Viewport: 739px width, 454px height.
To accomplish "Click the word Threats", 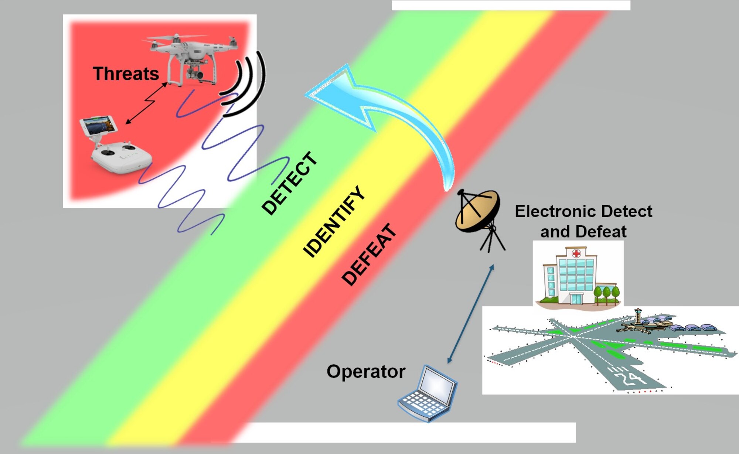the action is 126,74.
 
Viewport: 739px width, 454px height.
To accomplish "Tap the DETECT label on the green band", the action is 290,183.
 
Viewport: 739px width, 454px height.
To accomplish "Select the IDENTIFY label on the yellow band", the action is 334,221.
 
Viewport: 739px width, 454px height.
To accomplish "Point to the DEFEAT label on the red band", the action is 369,255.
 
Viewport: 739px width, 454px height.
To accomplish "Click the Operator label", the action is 366,371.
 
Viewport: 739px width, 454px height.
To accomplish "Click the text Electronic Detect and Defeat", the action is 583,221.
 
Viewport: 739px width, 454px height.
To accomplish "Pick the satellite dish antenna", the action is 479,218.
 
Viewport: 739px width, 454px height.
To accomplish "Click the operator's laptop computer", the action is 428,393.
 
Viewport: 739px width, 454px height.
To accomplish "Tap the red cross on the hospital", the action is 576,253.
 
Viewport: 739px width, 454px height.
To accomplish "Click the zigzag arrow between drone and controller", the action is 146,103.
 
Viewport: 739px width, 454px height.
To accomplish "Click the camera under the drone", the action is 195,72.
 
